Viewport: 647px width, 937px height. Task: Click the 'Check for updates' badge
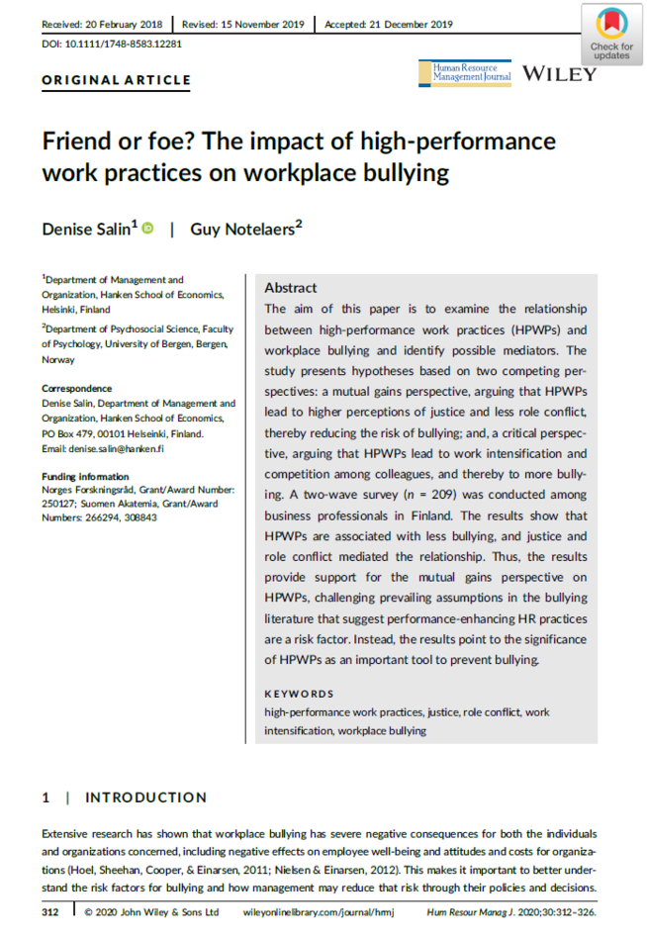[x=610, y=34]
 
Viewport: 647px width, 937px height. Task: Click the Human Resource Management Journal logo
[x=471, y=72]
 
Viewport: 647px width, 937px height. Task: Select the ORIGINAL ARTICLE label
[x=116, y=81]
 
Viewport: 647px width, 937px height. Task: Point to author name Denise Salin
[x=89, y=229]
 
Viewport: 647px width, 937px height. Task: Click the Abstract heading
[x=291, y=288]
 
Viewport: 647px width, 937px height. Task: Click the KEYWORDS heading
[x=299, y=694]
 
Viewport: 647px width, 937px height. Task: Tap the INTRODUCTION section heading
[x=146, y=797]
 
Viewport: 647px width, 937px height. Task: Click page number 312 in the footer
[x=52, y=911]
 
